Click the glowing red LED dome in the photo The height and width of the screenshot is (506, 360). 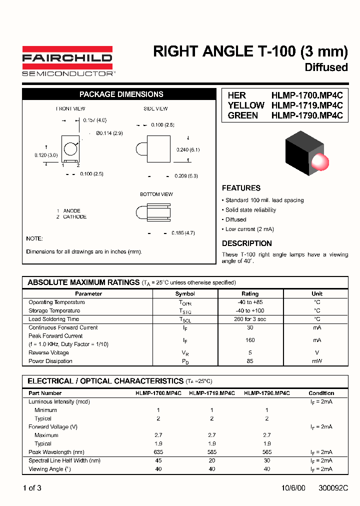click(x=319, y=161)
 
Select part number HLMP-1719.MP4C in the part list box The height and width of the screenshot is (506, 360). click(x=307, y=105)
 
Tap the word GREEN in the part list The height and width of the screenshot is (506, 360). click(x=243, y=115)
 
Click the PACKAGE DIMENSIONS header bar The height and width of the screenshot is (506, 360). click(x=121, y=94)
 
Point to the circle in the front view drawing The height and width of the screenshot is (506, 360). click(x=71, y=149)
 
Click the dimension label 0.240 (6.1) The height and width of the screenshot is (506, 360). click(x=188, y=149)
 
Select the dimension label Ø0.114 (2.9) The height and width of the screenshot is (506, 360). click(x=109, y=133)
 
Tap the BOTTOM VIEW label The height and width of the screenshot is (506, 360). click(x=156, y=194)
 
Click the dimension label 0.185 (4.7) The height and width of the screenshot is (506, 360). click(x=183, y=233)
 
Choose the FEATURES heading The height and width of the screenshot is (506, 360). click(x=241, y=188)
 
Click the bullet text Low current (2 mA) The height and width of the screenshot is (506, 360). click(x=249, y=229)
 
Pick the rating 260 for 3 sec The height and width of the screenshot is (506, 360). click(x=250, y=319)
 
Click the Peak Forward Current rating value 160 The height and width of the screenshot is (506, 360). click(x=250, y=340)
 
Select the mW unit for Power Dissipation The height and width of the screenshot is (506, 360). click(x=317, y=361)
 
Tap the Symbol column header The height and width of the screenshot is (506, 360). click(x=185, y=293)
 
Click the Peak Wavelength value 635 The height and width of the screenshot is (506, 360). click(x=158, y=452)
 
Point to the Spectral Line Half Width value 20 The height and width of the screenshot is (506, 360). click(x=212, y=460)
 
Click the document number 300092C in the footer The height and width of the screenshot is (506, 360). click(x=333, y=488)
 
